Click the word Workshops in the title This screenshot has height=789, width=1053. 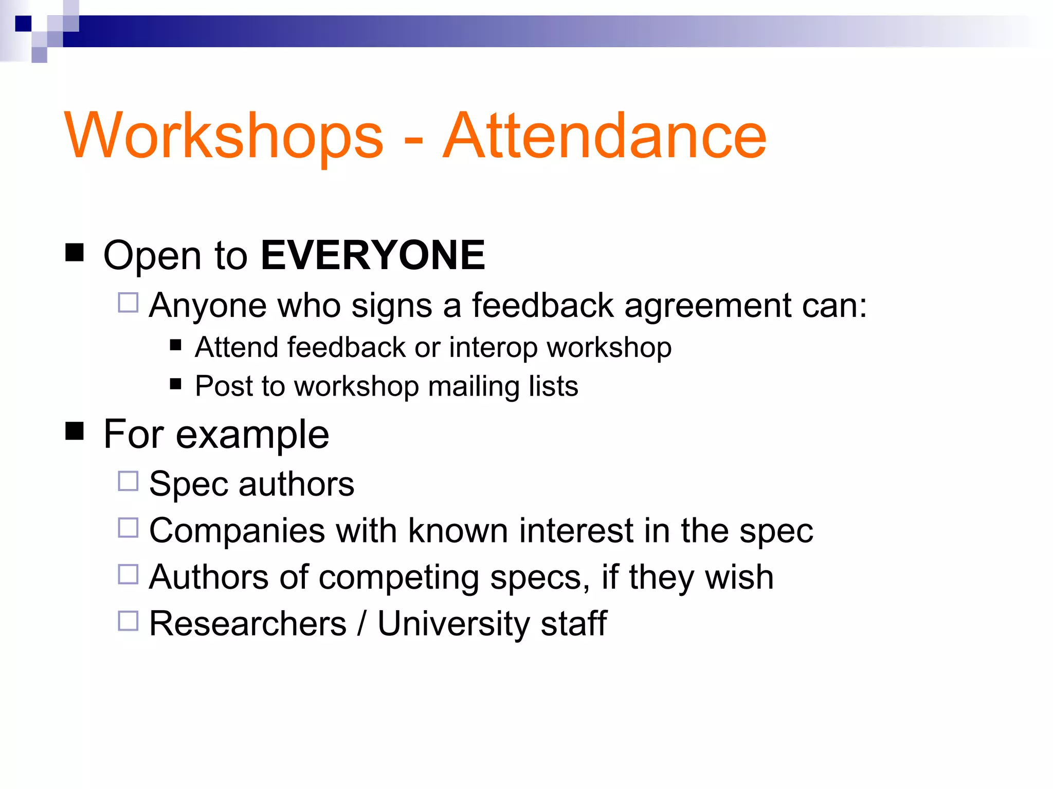point(224,136)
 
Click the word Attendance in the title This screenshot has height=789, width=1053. point(605,136)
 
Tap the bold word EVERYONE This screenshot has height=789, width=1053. point(373,255)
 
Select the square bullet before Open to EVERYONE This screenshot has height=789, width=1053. point(75,253)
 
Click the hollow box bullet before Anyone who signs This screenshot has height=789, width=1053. point(128,303)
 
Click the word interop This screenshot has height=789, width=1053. point(493,348)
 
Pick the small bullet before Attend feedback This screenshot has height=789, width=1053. point(176,345)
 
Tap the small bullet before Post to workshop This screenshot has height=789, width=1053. point(176,384)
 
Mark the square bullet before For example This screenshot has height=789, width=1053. point(75,431)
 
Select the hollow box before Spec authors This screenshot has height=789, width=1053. point(128,481)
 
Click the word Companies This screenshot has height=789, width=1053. point(237,531)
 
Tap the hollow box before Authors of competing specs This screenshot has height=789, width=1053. point(128,574)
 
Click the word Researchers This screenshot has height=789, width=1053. point(248,624)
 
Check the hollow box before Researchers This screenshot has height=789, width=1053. point(128,621)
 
